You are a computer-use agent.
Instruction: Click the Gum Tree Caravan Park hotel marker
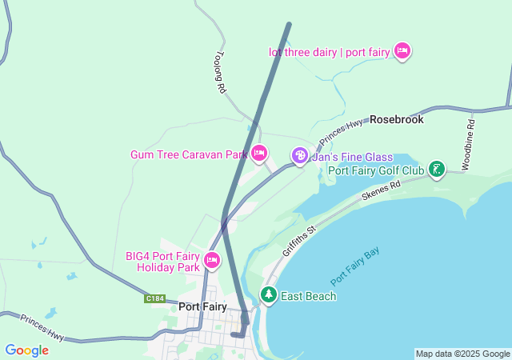click(258, 153)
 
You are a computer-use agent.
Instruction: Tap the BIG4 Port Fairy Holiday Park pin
click(212, 260)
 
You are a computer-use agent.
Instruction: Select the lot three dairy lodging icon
click(402, 51)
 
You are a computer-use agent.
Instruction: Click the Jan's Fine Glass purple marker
click(299, 155)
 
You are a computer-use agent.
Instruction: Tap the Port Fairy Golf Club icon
click(436, 170)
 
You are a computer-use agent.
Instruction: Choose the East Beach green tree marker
click(268, 295)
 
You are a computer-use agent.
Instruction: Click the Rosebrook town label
click(396, 119)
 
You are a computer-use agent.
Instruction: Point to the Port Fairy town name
click(202, 306)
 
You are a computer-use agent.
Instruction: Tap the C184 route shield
click(155, 298)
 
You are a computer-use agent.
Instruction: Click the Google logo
click(26, 350)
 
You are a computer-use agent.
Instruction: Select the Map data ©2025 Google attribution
click(462, 354)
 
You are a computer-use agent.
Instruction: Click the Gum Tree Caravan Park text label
click(189, 154)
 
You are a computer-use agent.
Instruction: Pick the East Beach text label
click(308, 296)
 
